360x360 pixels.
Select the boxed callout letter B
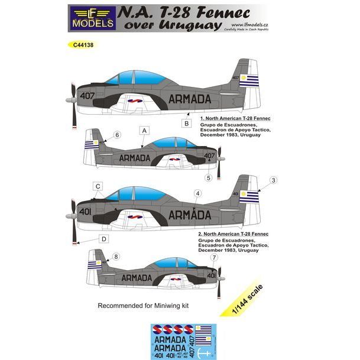coord(186,124)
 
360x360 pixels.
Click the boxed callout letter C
coord(98,187)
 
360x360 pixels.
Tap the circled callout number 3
coord(273,180)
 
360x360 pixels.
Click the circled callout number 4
coord(197,193)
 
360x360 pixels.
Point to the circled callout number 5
coord(208,177)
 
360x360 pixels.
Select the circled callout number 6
coord(117,135)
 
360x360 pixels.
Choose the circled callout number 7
coord(213,257)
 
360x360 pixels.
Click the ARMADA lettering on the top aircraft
coord(193,99)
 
